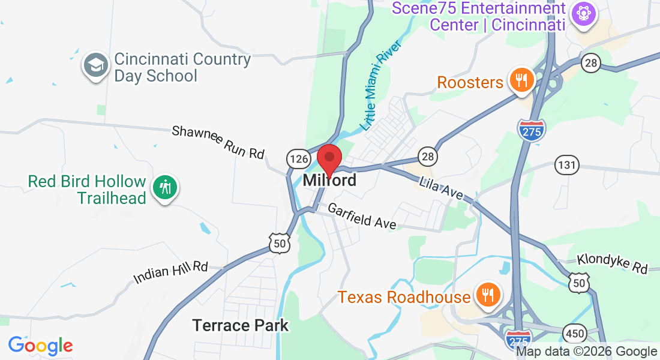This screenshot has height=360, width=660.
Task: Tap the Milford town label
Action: [329, 180]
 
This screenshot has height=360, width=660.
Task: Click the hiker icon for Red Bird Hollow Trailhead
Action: [164, 188]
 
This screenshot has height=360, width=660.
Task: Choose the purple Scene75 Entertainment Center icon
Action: [581, 12]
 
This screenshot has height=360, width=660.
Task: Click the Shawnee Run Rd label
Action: [218, 142]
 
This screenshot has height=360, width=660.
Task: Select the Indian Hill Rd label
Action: [170, 272]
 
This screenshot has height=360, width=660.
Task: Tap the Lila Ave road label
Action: [442, 188]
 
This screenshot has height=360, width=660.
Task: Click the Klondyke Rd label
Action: [613, 263]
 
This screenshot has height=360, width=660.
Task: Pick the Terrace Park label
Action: [240, 326]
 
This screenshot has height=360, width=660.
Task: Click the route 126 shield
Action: [298, 159]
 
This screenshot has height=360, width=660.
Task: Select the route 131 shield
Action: [567, 165]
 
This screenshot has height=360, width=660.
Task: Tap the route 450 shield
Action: [574, 333]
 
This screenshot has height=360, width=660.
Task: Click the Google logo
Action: [40, 345]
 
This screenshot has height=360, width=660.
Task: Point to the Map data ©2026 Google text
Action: [586, 352]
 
